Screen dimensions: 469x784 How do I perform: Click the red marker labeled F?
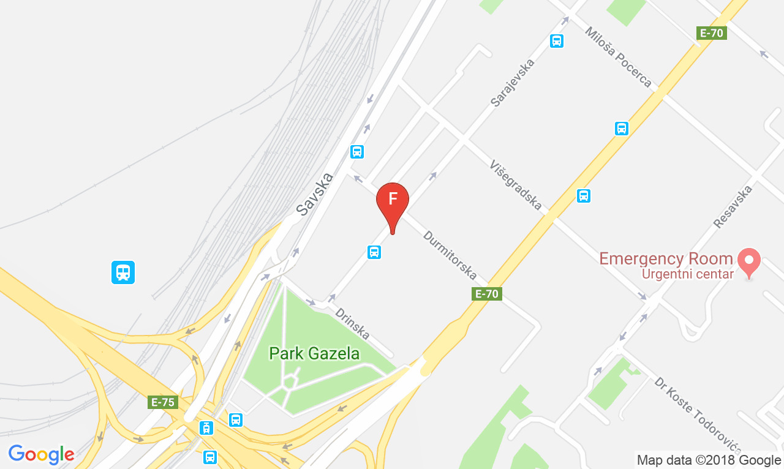click(x=392, y=200)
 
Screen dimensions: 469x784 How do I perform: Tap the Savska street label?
click(x=315, y=193)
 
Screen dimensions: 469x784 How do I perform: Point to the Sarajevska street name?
click(x=513, y=83)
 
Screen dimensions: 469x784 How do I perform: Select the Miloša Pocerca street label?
click(x=618, y=57)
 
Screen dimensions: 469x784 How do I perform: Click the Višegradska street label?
click(x=516, y=185)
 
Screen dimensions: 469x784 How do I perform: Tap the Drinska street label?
click(x=352, y=323)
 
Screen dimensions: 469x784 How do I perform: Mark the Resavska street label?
click(x=733, y=206)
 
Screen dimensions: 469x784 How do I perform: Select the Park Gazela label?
click(x=314, y=353)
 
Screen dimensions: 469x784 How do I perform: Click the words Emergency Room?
click(x=666, y=258)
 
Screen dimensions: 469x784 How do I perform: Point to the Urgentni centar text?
click(x=687, y=274)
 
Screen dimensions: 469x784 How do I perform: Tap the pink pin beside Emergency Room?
click(x=748, y=261)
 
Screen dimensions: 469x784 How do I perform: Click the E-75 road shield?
click(x=163, y=402)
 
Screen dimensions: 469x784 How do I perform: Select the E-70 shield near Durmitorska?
click(x=488, y=294)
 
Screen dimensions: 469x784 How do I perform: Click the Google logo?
click(x=41, y=454)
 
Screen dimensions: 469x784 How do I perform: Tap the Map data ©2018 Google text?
click(x=709, y=460)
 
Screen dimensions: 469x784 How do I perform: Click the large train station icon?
click(x=123, y=272)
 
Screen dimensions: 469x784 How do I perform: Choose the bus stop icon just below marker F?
click(x=374, y=252)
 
